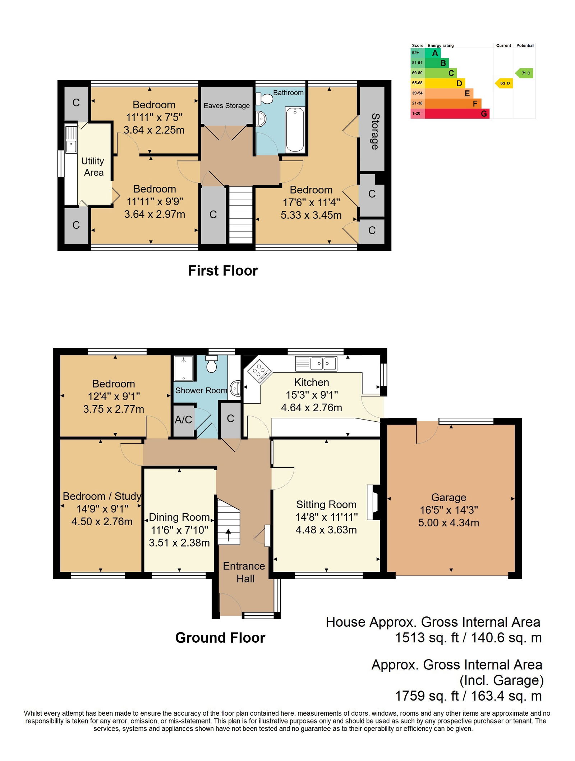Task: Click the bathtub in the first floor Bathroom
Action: (x=294, y=130)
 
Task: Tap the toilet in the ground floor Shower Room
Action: (x=212, y=364)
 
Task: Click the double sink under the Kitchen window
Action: (x=316, y=363)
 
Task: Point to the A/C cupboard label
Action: (x=183, y=420)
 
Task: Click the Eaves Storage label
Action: (x=226, y=105)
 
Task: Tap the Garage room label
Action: (x=448, y=497)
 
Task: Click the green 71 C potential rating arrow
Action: (x=524, y=73)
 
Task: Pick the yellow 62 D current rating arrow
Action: (x=504, y=83)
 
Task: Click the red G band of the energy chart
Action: (x=457, y=114)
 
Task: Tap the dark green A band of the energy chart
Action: (x=433, y=53)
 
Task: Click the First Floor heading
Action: (x=223, y=271)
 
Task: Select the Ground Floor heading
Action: (x=220, y=638)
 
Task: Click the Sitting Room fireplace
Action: (x=373, y=502)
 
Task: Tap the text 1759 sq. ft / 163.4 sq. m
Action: (x=468, y=696)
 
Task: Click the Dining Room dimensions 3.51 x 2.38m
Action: (x=179, y=543)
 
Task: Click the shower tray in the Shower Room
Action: (x=184, y=368)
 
